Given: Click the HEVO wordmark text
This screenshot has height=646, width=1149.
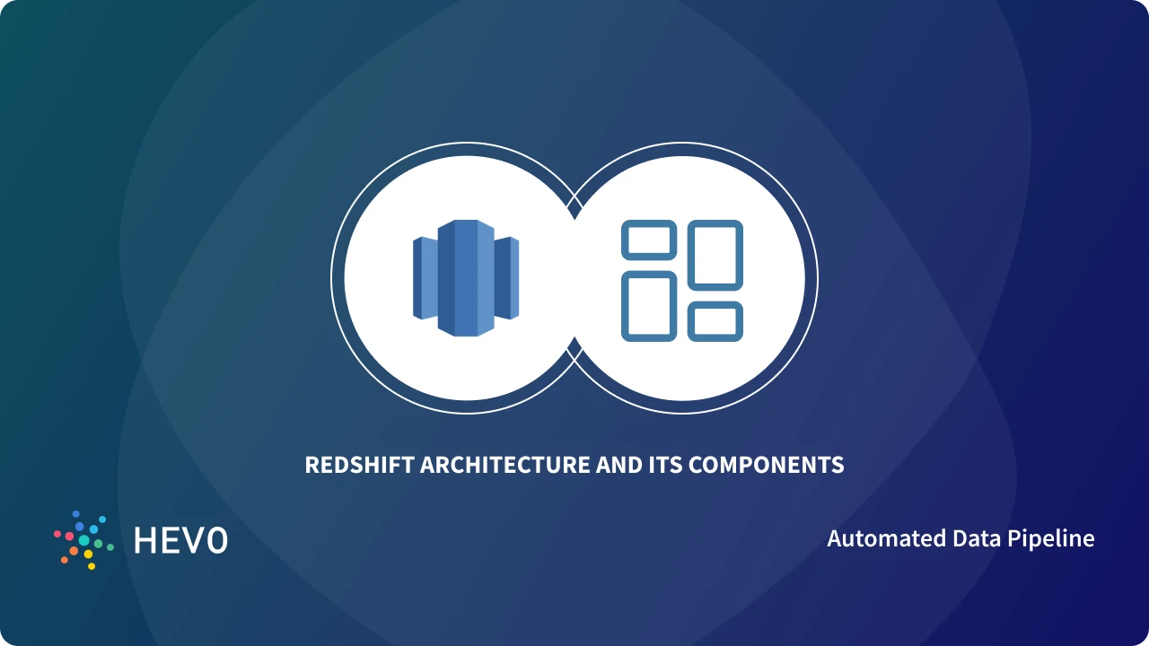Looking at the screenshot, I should pyautogui.click(x=180, y=540).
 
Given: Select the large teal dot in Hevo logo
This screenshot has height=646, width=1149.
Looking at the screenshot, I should pyautogui.click(x=84, y=540).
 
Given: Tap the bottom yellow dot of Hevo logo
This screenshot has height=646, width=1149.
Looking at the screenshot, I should pyautogui.click(x=91, y=566).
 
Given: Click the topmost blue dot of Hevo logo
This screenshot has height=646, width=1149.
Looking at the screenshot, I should pyautogui.click(x=76, y=514).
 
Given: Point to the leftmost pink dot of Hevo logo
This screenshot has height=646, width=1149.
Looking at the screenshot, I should pyautogui.click(x=57, y=534).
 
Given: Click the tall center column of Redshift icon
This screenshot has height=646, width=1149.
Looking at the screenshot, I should pyautogui.click(x=466, y=278).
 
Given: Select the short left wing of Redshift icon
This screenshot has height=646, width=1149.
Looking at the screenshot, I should pyautogui.click(x=423, y=278).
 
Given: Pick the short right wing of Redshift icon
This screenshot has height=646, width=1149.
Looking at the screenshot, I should pyautogui.click(x=508, y=278).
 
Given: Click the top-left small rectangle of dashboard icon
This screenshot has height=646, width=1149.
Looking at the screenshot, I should pyautogui.click(x=649, y=240).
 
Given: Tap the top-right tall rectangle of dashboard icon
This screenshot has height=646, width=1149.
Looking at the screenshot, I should pyautogui.click(x=715, y=256).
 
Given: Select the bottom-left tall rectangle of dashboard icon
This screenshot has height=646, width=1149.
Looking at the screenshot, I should pyautogui.click(x=649, y=305).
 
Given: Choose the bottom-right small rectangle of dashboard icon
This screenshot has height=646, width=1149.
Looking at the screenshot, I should pyautogui.click(x=715, y=321).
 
